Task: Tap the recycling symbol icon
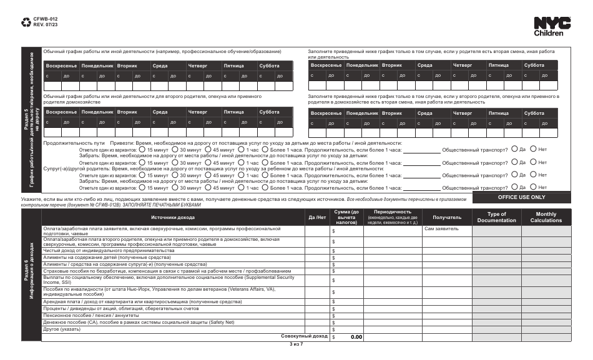pos(26,23)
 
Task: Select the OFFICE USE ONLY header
pos(521,197)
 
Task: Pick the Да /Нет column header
pos(318,217)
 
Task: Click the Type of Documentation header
pos(496,217)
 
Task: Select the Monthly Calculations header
pos(546,217)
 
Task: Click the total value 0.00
pos(356,337)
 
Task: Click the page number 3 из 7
pos(296,344)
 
